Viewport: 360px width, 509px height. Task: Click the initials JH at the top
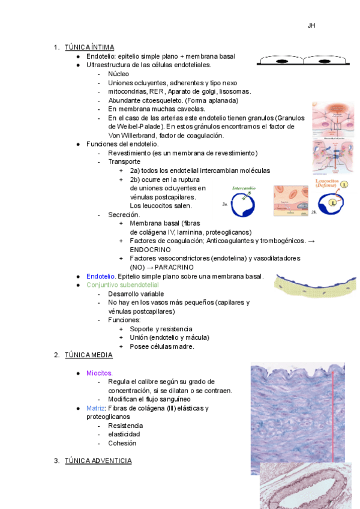[311, 26]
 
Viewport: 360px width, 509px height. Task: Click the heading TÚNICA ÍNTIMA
[89, 47]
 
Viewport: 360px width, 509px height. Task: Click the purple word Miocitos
[99, 373]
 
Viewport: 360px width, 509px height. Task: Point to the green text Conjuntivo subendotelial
[122, 285]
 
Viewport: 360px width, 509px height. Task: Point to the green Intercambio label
[244, 188]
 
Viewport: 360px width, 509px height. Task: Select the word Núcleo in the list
[118, 74]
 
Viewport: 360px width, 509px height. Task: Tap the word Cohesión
[122, 443]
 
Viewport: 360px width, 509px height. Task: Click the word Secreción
[124, 214]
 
